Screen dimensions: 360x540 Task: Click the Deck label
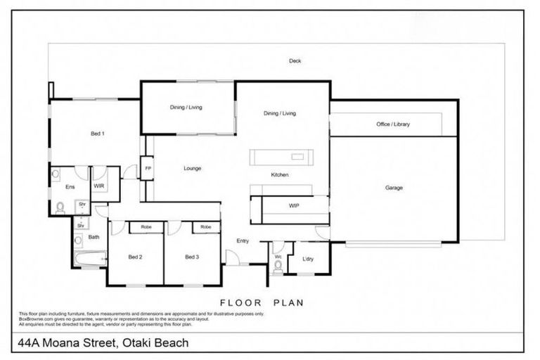(295, 61)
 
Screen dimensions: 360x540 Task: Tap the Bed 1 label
(98, 133)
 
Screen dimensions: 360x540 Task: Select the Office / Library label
(393, 124)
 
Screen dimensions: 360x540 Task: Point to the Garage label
(394, 188)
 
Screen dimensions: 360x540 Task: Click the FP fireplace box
(148, 169)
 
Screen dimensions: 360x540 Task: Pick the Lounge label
(193, 169)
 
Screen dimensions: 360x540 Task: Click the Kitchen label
(280, 174)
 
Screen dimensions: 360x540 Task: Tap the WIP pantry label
(295, 206)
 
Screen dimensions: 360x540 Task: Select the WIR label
(99, 186)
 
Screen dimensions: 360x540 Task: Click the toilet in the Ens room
(61, 207)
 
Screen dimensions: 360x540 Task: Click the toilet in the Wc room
(278, 266)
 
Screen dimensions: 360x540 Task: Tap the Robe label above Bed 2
(146, 227)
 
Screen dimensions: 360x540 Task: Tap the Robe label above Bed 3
(205, 227)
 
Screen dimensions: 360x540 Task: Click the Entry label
(243, 241)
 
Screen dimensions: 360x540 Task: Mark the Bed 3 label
(192, 257)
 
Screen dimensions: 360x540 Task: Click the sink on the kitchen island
(298, 156)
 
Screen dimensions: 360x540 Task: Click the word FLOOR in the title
(242, 303)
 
